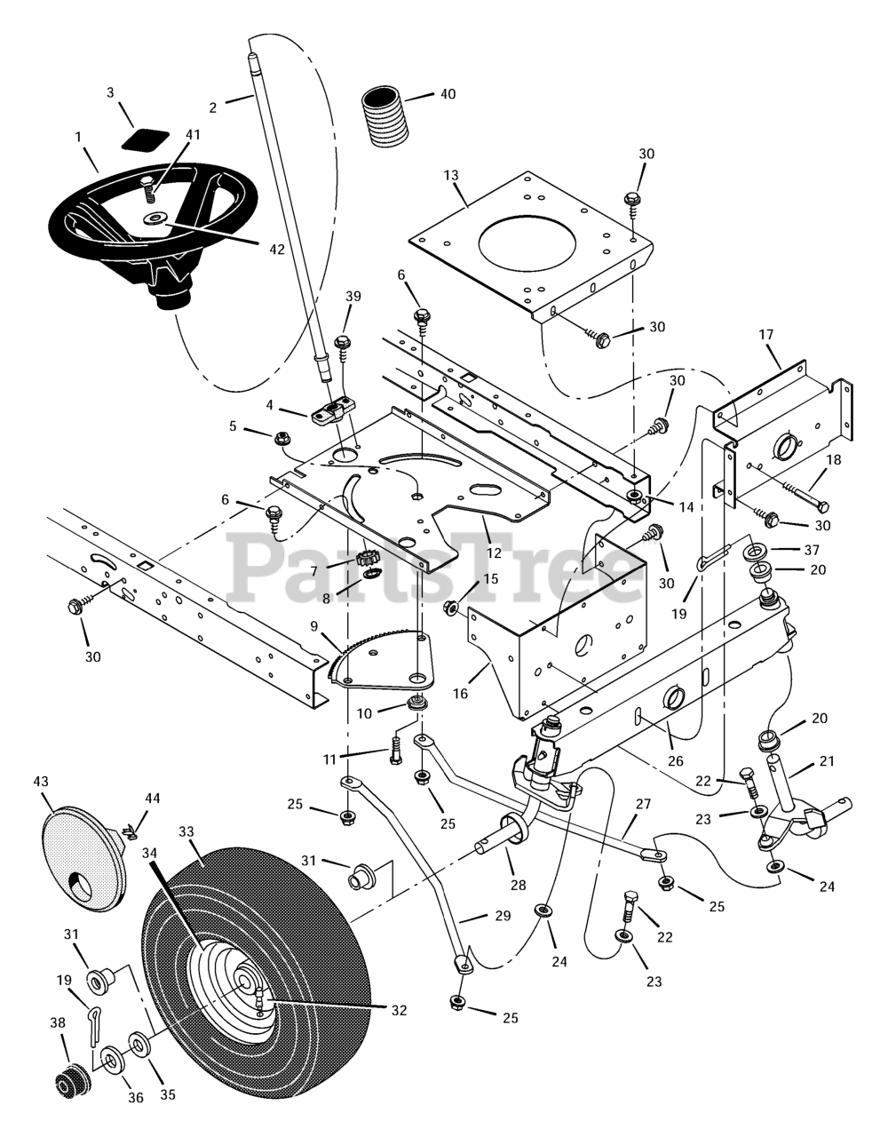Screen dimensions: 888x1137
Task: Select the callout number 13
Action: pos(451,175)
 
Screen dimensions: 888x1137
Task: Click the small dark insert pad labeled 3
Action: pos(146,141)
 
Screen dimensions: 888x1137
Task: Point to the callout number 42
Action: pos(277,250)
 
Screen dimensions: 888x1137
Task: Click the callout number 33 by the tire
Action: pos(186,831)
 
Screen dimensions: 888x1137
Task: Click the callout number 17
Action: pos(766,334)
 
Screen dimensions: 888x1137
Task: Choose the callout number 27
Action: pos(643,804)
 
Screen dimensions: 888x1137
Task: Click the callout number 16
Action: pos(460,694)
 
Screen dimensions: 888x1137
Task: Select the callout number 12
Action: pos(494,553)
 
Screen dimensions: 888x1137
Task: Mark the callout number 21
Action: pos(827,761)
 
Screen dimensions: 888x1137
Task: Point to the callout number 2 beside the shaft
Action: pos(213,107)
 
